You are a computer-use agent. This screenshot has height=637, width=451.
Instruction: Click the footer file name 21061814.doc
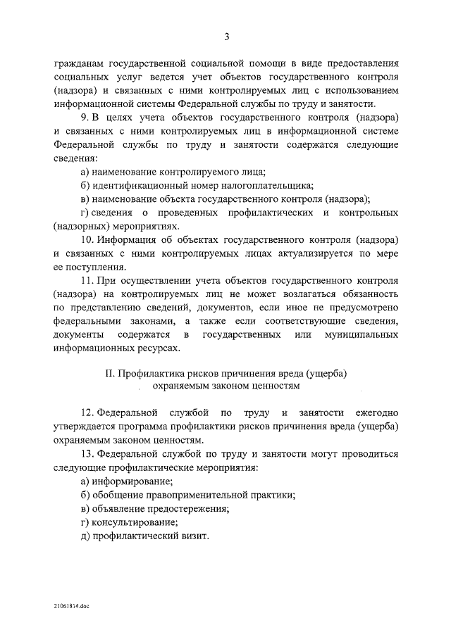71,605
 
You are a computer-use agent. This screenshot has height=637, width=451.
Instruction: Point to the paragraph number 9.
85,117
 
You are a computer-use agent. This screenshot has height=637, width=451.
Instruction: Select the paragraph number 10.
87,239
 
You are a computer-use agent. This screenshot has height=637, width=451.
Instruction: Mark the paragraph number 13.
87,455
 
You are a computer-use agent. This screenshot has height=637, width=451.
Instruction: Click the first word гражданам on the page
78,63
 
